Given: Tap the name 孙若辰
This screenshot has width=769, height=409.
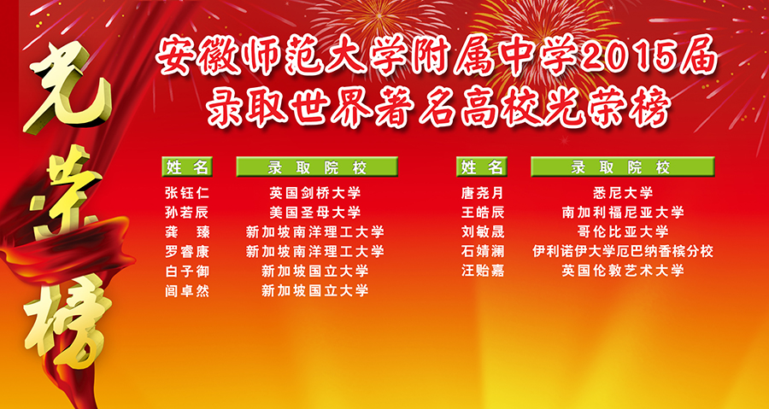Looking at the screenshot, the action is pyautogui.click(x=187, y=213).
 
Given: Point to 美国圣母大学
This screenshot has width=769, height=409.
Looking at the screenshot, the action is pyautogui.click(x=314, y=213).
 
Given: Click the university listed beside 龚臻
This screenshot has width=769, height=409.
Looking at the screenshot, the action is pyautogui.click(x=314, y=232).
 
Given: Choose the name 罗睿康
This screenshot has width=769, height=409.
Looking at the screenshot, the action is pyautogui.click(x=187, y=252).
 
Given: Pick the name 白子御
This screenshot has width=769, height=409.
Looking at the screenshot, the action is pyautogui.click(x=187, y=272).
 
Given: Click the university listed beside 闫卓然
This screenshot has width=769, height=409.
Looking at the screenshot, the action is pyautogui.click(x=314, y=291).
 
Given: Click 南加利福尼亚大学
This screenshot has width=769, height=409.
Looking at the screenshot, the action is pyautogui.click(x=623, y=213).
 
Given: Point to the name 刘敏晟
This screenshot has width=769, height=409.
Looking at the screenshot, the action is pyautogui.click(x=483, y=232).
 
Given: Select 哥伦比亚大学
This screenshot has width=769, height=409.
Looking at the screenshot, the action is pyautogui.click(x=623, y=232).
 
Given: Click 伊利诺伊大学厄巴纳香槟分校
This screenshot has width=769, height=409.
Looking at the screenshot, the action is pyautogui.click(x=623, y=252).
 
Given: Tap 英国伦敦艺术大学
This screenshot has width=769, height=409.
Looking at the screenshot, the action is pyautogui.click(x=623, y=271).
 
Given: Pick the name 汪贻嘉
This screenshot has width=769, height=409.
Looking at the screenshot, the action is pyautogui.click(x=483, y=271).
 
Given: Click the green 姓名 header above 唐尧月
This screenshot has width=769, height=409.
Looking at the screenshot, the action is pyautogui.click(x=482, y=167).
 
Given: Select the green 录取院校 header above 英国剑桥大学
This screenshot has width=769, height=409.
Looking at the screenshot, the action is pyautogui.click(x=317, y=167).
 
